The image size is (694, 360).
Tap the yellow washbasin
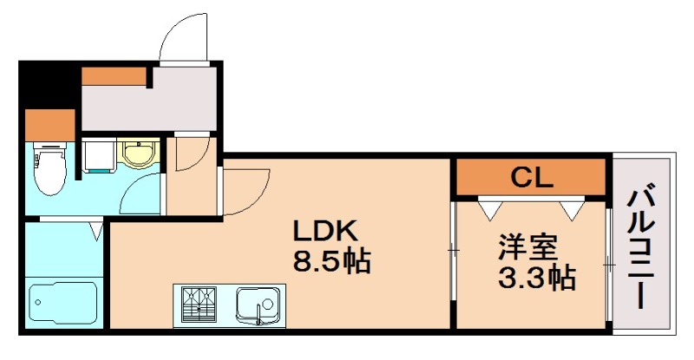(x=136, y=154)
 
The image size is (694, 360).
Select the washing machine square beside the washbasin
(x=98, y=156)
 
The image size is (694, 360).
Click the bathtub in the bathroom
(x=62, y=304)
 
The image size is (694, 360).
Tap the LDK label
(x=324, y=232)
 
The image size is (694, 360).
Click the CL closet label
(x=531, y=177)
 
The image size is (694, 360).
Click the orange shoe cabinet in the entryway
(x=114, y=75)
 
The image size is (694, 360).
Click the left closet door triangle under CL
(x=488, y=208)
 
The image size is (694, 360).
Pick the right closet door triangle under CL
(x=571, y=208)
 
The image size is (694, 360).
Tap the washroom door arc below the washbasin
(x=141, y=195)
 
